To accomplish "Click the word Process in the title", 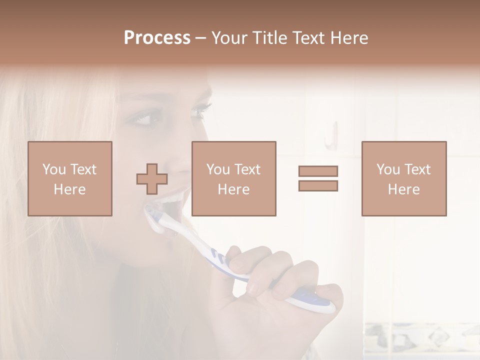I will tap(157, 38).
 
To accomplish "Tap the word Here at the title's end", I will tap(349, 38).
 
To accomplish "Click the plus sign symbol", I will tap(152, 179).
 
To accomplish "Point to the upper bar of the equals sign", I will tap(318, 171).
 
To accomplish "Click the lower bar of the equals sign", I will tap(318, 186).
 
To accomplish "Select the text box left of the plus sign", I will tap(70, 178).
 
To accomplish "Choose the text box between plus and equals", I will tap(234, 178).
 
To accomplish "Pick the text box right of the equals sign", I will tap(404, 178).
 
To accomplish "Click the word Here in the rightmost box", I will tap(404, 189).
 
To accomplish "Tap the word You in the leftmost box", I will tap(54, 169).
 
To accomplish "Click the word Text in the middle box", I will tap(247, 169).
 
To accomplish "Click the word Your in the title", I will tap(229, 38).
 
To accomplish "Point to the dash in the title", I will tap(201, 38).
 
